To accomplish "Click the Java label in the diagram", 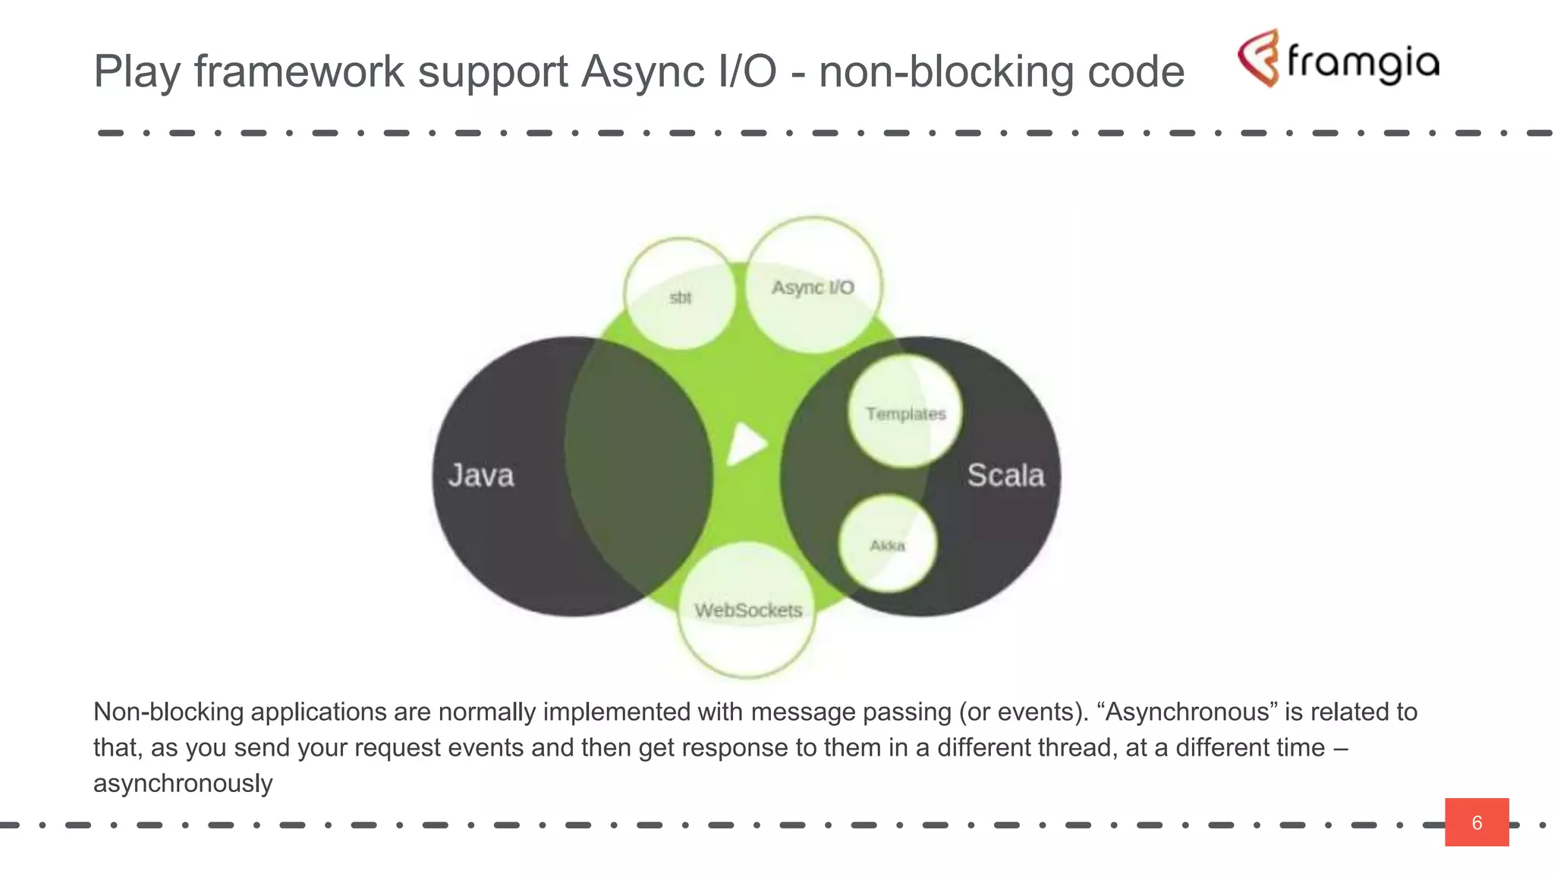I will click(481, 476).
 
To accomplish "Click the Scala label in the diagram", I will click(1005, 476).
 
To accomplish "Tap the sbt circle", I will click(680, 294).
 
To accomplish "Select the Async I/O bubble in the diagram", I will click(813, 285).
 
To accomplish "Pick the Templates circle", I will click(905, 412).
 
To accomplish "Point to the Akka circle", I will click(887, 544).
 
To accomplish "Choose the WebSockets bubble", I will click(747, 610).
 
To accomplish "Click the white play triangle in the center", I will click(746, 443).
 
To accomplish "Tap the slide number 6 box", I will click(1476, 822).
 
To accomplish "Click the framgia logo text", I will click(1363, 62).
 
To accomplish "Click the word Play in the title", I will click(137, 72).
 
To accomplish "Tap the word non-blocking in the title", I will click(945, 72).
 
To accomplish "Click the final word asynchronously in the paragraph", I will click(183, 783).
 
